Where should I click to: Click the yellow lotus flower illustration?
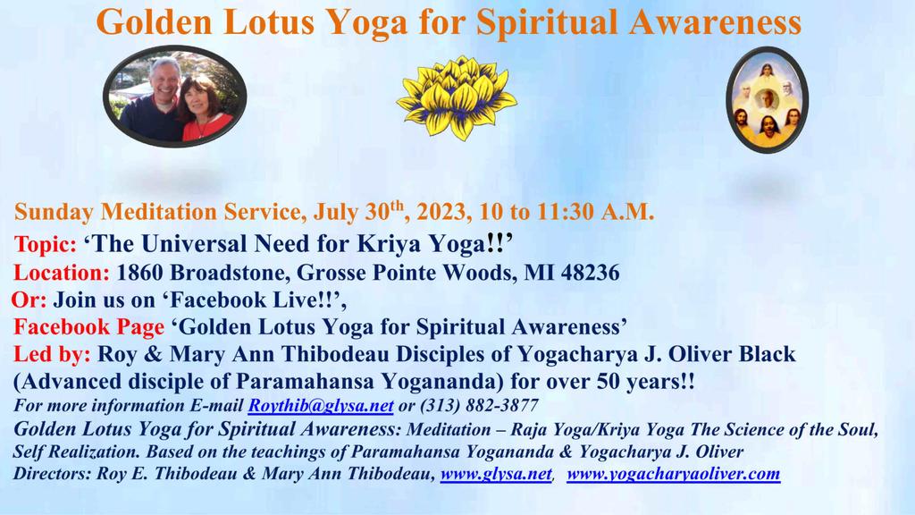pos(457,97)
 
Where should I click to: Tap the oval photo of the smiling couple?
pos(175,97)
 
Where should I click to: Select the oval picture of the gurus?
pos(767,100)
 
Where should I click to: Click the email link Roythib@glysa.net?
pos(321,405)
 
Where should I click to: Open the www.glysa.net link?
pos(496,474)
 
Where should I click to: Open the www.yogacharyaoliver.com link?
pos(674,474)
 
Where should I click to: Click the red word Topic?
pos(46,244)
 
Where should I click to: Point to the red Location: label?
pos(62,273)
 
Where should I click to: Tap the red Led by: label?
pos(52,354)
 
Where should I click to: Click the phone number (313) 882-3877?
pos(479,405)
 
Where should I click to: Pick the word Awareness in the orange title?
pos(716,22)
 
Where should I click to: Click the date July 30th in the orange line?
pos(358,211)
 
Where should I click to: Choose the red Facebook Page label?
pos(89,327)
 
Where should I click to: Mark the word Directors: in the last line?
pos(53,474)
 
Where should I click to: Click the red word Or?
pos(29,300)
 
